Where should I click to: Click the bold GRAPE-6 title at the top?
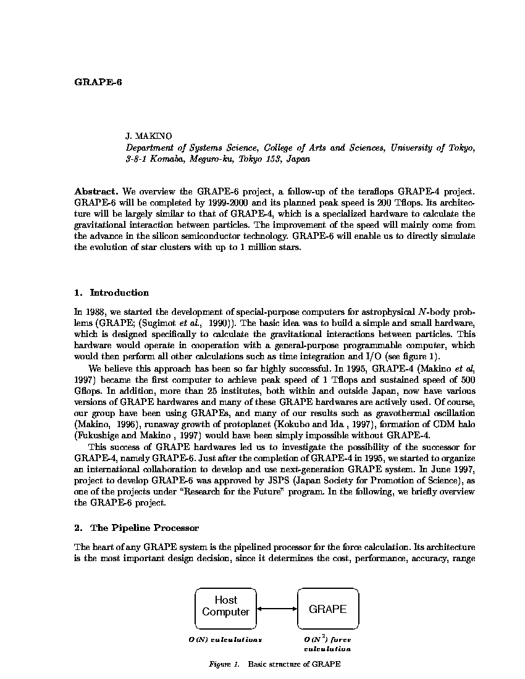pyautogui.click(x=98, y=82)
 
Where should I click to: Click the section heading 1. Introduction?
pyautogui.click(x=111, y=293)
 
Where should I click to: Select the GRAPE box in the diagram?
pyautogui.click(x=327, y=609)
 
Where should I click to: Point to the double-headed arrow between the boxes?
pyautogui.click(x=277, y=609)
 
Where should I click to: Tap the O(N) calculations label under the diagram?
pyautogui.click(x=225, y=639)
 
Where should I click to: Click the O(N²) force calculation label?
pyautogui.click(x=327, y=644)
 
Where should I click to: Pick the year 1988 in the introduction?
pyautogui.click(x=95, y=312)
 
